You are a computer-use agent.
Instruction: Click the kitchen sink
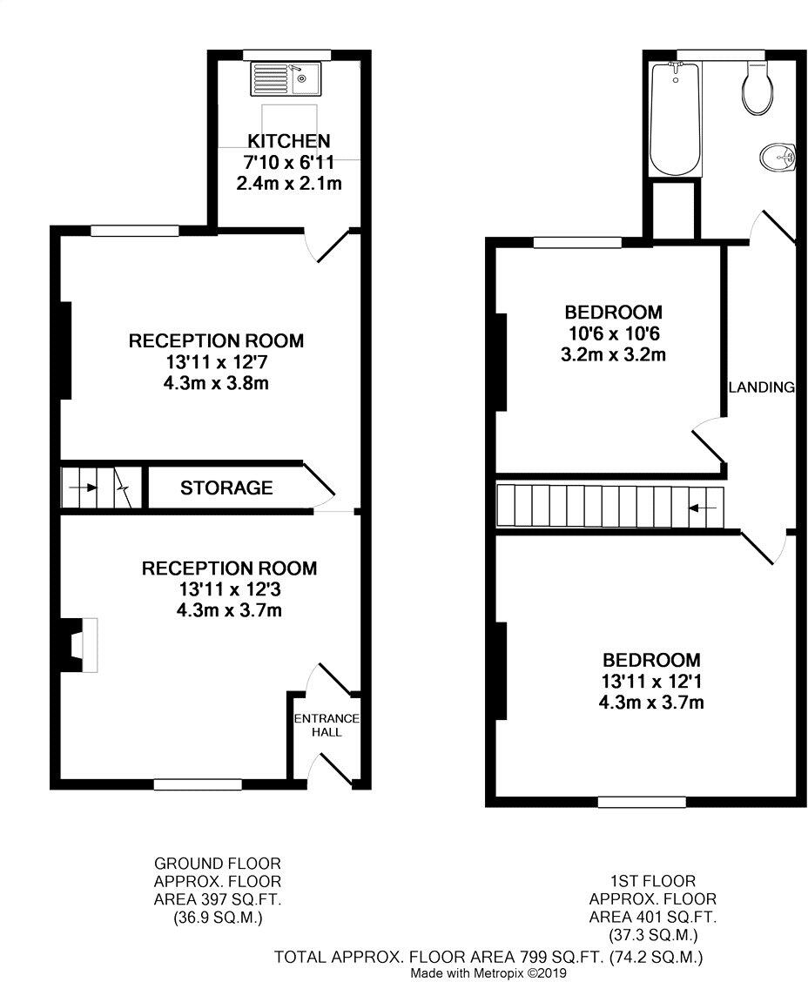coord(285,79)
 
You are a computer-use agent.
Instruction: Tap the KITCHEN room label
coord(288,141)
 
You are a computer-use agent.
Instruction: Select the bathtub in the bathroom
coord(674,118)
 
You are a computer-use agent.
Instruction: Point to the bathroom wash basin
coord(777,158)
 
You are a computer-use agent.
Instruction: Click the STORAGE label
coord(226,488)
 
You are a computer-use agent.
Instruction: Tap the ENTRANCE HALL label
coord(326,725)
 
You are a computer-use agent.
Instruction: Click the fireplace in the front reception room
coord(78,645)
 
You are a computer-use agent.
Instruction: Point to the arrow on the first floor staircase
coord(704,507)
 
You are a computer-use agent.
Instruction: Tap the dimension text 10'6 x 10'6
coord(613,333)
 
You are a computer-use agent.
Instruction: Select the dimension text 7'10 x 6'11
coord(288,163)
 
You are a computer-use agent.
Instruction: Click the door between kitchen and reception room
coord(333,246)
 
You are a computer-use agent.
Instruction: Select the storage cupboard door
coord(317,483)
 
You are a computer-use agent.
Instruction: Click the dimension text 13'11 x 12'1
coord(652,681)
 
